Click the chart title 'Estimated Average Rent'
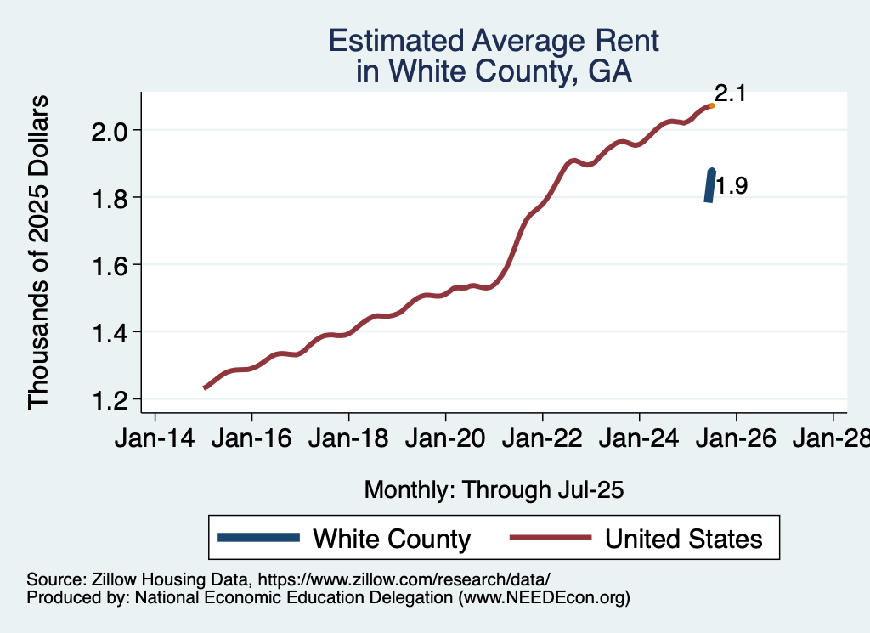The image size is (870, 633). point(494,41)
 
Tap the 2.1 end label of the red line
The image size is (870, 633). point(730,93)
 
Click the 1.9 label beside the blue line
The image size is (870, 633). point(731,186)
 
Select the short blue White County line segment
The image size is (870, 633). point(709,185)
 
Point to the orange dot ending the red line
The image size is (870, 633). point(711,105)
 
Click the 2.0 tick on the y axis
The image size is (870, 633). point(110,131)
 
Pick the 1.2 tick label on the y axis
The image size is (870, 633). point(110,399)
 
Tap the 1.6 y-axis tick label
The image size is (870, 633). point(110,265)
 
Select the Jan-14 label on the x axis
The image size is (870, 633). point(155,440)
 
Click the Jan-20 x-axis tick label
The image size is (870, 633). point(445,440)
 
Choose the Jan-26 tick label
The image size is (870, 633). point(736,440)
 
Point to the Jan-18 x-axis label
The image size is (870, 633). point(348,440)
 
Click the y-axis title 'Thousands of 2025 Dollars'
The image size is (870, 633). point(39,252)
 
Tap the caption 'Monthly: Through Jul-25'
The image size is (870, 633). point(494,490)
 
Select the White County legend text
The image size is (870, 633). point(392,539)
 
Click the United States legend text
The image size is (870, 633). point(683,539)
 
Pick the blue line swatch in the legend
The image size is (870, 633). point(259,537)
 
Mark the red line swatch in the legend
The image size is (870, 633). point(550,537)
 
